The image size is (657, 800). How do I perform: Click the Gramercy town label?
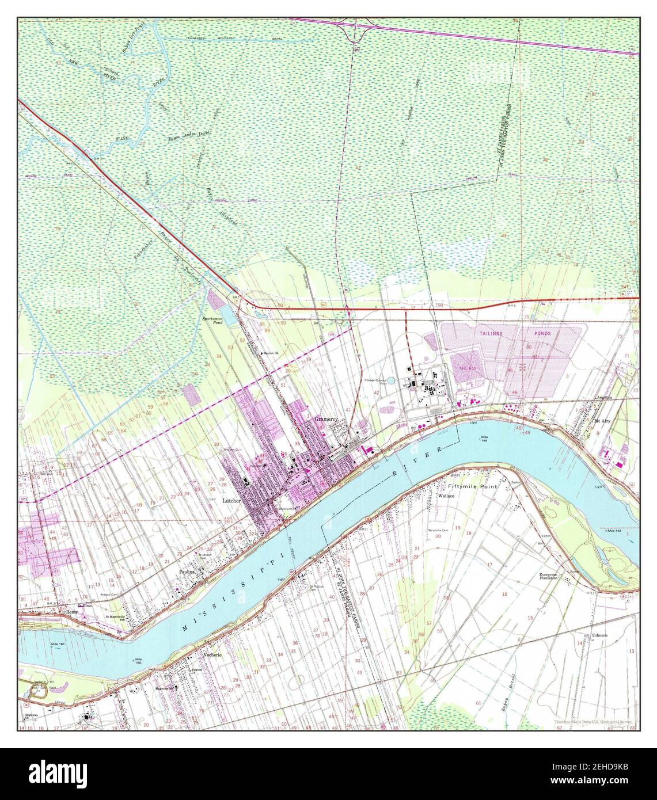click(x=325, y=420)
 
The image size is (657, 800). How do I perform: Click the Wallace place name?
click(x=446, y=495)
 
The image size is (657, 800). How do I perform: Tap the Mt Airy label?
click(x=602, y=421)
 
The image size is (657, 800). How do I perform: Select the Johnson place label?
click(x=599, y=635)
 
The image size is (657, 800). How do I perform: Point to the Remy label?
click(x=72, y=612)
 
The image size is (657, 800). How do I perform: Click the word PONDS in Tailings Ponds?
click(x=542, y=333)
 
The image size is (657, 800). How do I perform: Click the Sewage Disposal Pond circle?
click(x=392, y=380)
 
